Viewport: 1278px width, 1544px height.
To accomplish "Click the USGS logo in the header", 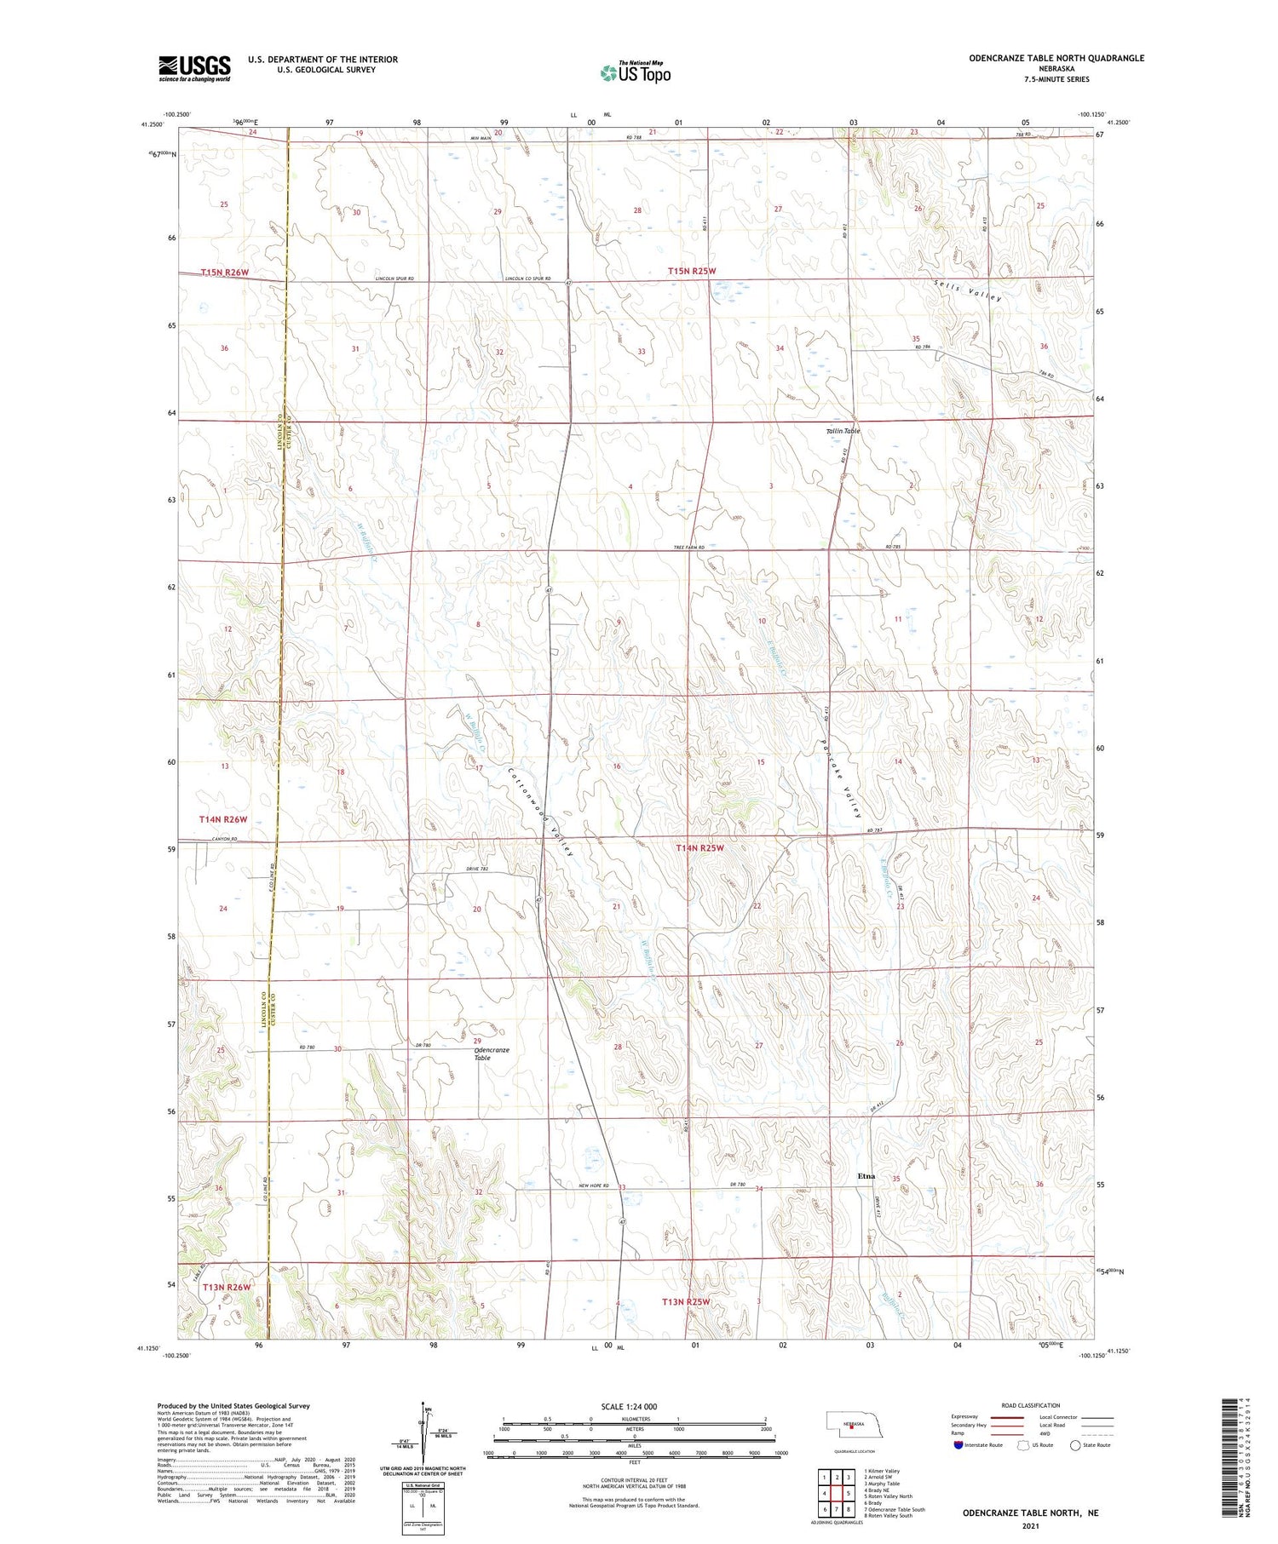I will (x=194, y=68).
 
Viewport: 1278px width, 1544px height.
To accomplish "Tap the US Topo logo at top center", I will (x=635, y=72).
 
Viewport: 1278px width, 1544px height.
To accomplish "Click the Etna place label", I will (x=866, y=1176).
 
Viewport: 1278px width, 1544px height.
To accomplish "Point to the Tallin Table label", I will (x=843, y=431).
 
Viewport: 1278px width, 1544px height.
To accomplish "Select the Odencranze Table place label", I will (x=491, y=1053).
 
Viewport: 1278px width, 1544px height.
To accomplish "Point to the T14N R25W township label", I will (x=699, y=847).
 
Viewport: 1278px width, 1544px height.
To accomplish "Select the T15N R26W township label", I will (x=225, y=273).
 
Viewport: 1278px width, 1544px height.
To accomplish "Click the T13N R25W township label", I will (x=685, y=1301).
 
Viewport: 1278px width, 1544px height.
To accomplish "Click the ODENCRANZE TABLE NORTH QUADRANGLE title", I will (x=1056, y=58).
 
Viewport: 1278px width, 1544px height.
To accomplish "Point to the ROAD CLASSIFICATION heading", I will (x=1031, y=1405).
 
